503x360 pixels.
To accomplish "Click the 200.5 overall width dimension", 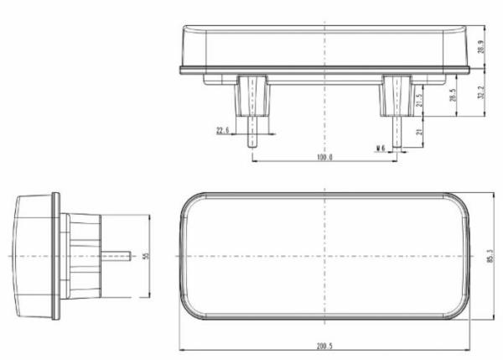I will (325, 345).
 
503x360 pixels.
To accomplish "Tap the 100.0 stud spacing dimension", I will (325, 157).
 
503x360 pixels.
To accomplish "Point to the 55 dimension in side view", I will (145, 256).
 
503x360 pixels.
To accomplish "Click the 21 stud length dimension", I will (418, 132).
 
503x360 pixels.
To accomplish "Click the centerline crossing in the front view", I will (325, 256).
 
